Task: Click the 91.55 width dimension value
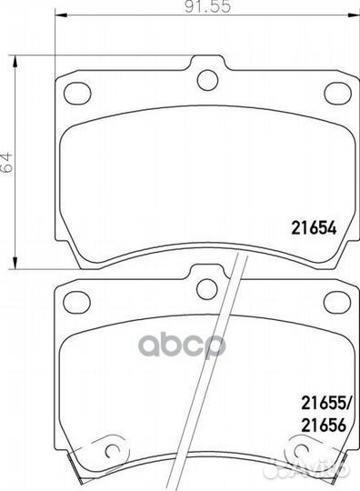pos(207,7)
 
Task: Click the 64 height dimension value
pos(6,163)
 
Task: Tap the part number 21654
pos(314,228)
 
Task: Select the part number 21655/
pos(325,404)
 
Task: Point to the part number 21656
pos(324,426)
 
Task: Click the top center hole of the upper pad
pos(207,80)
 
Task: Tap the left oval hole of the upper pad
pos(77,93)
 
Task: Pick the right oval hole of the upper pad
pos(337,93)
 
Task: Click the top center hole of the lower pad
pos(207,288)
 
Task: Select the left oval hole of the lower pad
pos(77,302)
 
